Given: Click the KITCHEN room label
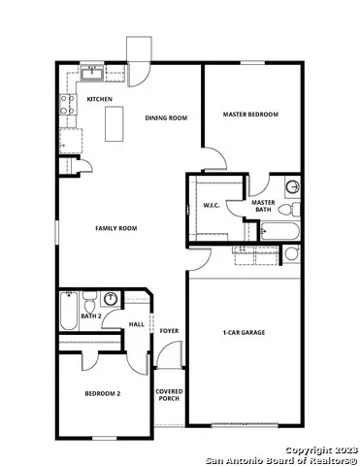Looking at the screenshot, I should pyautogui.click(x=100, y=99).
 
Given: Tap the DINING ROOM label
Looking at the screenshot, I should pyautogui.click(x=166, y=118).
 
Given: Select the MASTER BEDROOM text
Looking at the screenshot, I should pyautogui.click(x=250, y=115).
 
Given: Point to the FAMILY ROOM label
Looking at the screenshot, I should pyautogui.click(x=115, y=228).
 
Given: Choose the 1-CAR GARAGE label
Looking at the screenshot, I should pyautogui.click(x=245, y=333).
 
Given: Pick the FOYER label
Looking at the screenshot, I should pyautogui.click(x=169, y=331).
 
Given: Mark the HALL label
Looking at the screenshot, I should pyautogui.click(x=137, y=324).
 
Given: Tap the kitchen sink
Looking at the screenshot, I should pyautogui.click(x=92, y=71).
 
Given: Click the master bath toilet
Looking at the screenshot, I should pyautogui.click(x=297, y=208).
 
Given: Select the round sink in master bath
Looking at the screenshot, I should pyautogui.click(x=293, y=187).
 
